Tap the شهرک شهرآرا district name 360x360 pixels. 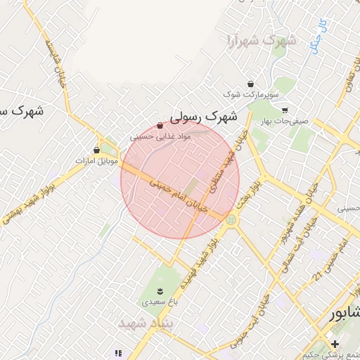(x=261, y=40)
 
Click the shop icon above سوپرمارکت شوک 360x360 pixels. (x=250, y=84)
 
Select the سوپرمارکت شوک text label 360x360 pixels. (x=251, y=94)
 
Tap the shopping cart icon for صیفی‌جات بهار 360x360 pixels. (x=285, y=110)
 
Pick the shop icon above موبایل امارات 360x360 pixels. (x=96, y=150)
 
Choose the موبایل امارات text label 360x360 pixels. (x=96, y=161)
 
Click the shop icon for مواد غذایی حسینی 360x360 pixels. (x=160, y=126)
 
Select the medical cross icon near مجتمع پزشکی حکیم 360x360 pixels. (x=335, y=344)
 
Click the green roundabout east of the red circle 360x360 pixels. (x=231, y=220)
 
